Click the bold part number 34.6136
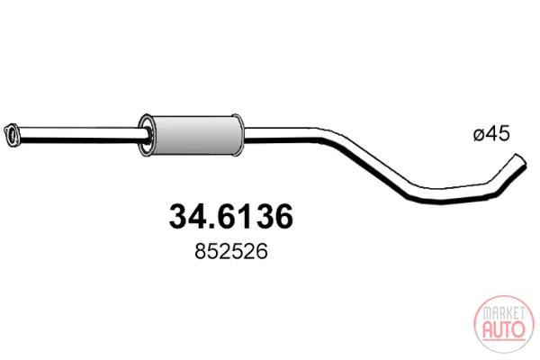[x=231, y=217]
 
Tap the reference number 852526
[x=231, y=251]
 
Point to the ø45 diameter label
[x=491, y=134]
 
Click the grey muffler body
[x=195, y=135]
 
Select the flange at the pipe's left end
[x=12, y=135]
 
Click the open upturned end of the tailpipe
[x=520, y=160]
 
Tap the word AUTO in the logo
[x=504, y=329]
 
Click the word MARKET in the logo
[x=503, y=313]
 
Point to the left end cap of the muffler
[x=146, y=135]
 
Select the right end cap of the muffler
[x=238, y=135]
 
